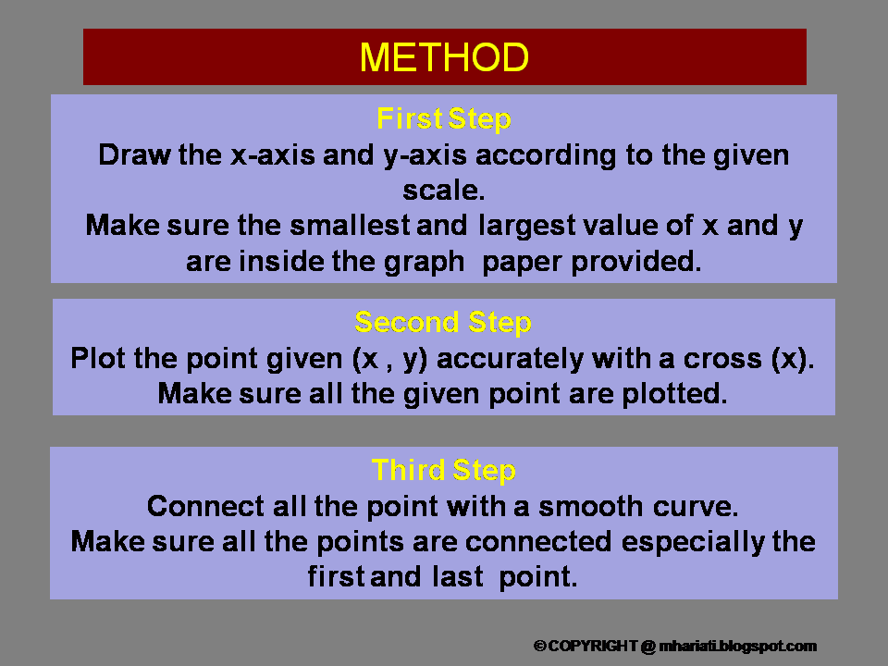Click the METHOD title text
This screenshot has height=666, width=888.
click(444, 57)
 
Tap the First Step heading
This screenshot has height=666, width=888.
click(444, 119)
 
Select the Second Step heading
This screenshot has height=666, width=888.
click(443, 323)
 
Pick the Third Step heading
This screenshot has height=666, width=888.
click(444, 471)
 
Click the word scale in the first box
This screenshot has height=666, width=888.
click(442, 190)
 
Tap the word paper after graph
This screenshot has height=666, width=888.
click(523, 262)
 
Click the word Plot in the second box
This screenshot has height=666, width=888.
click(94, 359)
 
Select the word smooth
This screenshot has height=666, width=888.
click(592, 507)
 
